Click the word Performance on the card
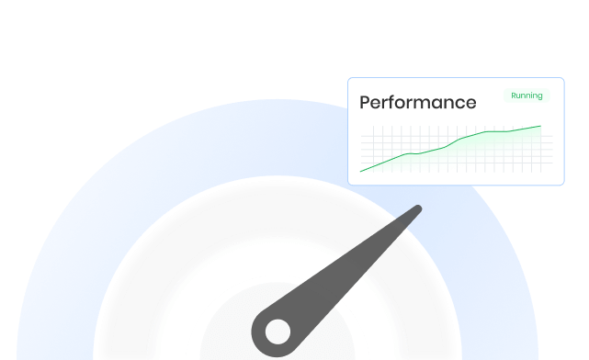tap(417, 103)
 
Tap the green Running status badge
tap(527, 96)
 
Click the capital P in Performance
tap(365, 103)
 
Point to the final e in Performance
tap(470, 104)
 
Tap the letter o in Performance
tap(405, 104)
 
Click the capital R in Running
tap(514, 96)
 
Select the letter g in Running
tap(539, 96)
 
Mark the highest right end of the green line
tap(540, 126)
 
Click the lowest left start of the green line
tap(360, 171)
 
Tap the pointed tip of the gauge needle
tap(418, 210)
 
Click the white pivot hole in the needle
tap(278, 332)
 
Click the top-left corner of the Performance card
tap(349, 79)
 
